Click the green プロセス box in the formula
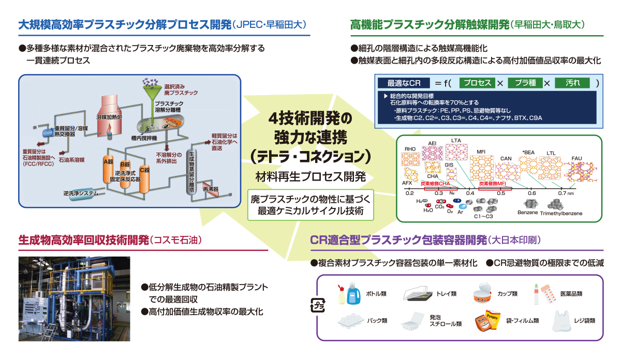coord(477,83)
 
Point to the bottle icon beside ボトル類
coord(347,294)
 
